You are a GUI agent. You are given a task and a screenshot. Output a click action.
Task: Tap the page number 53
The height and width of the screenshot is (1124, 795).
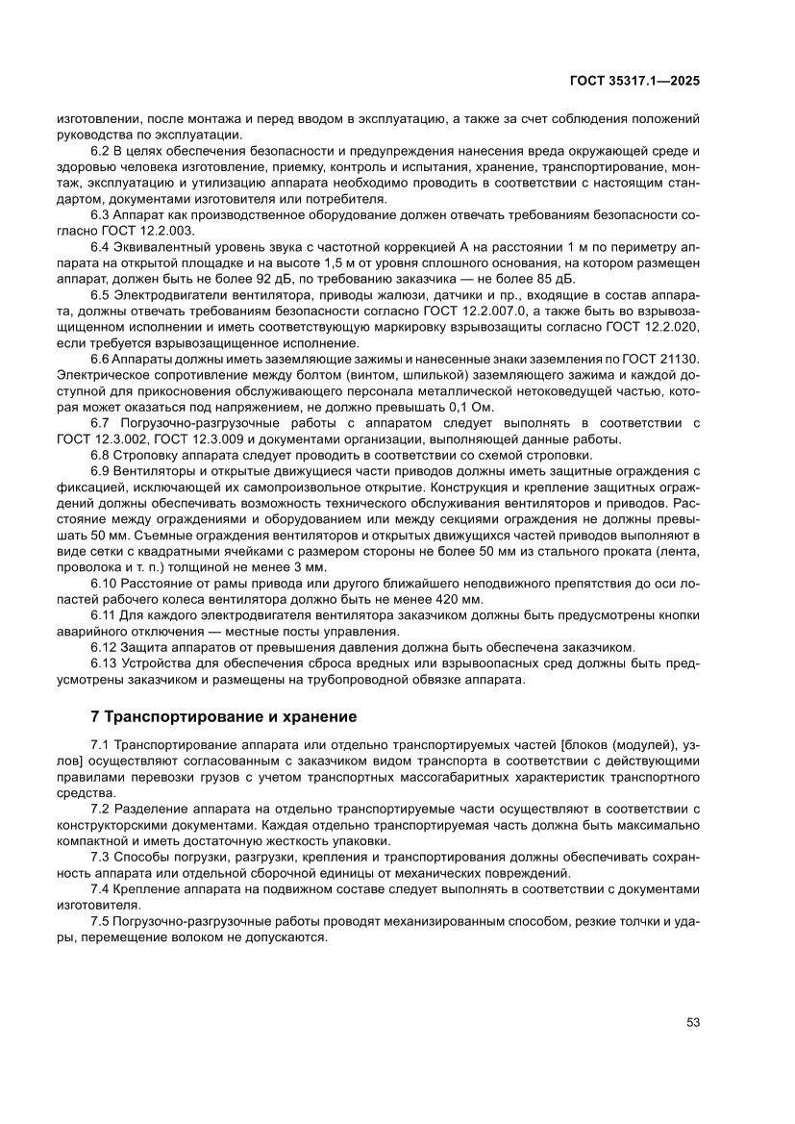(692, 1022)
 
